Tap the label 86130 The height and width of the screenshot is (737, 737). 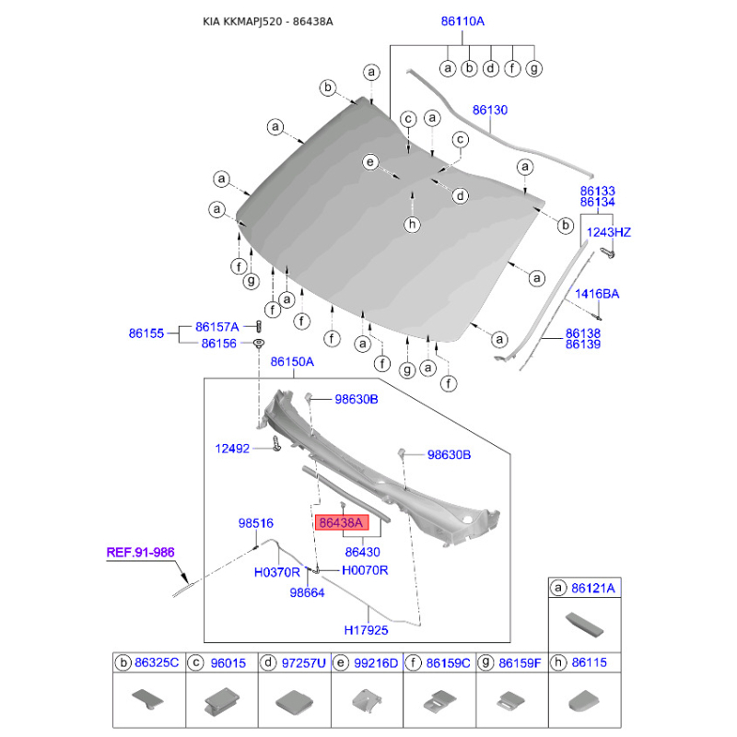pos(490,110)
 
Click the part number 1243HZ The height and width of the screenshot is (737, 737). pos(609,232)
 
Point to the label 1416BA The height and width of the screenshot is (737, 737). pos(597,294)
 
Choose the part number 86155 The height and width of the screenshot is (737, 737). pos(146,334)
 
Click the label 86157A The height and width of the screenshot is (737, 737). pos(216,326)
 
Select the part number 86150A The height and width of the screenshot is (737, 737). pos(292,363)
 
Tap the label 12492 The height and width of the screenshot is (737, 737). pos(234,449)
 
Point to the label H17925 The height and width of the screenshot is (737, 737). pos(367,632)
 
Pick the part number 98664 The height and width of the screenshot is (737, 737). pos(308,595)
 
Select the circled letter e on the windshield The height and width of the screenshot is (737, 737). pos(370,163)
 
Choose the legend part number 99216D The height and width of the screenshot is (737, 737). pos(376,663)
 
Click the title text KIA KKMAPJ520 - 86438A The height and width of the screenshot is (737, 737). pos(268,19)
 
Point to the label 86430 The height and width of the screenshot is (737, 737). pos(363,552)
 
